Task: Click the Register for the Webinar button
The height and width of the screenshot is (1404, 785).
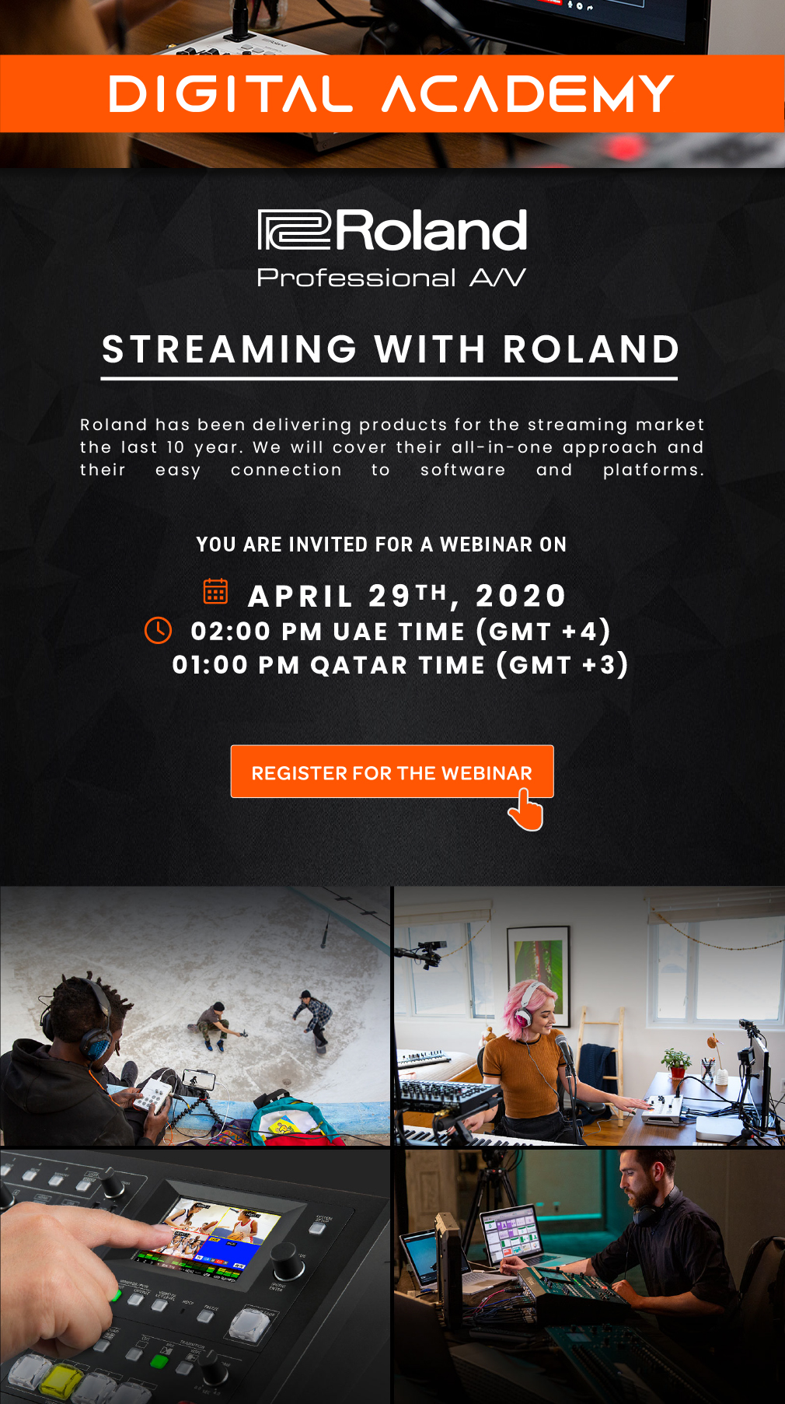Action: pos(392,772)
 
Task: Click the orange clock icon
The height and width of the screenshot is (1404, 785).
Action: pos(159,630)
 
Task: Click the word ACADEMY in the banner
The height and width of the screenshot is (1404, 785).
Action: pos(528,94)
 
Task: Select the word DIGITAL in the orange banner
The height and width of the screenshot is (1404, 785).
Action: pos(230,94)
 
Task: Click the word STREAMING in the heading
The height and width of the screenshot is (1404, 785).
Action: pos(229,349)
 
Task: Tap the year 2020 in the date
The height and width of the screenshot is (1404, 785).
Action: pos(521,596)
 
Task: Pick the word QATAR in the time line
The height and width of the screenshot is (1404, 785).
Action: pos(359,665)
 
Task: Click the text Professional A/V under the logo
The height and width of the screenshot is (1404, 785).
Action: pos(392,278)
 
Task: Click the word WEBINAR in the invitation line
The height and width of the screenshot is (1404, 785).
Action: pos(486,544)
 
